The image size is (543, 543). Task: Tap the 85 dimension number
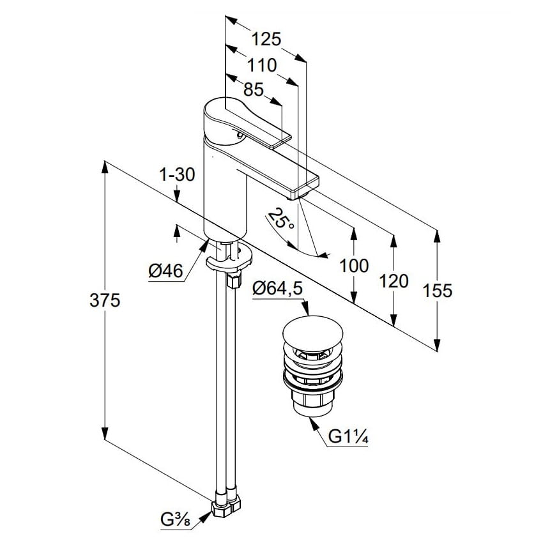click(x=253, y=90)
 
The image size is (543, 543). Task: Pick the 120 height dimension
click(x=394, y=280)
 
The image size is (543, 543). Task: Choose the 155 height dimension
click(x=438, y=291)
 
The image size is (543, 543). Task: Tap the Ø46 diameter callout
click(x=165, y=271)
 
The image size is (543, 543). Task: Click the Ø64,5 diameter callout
click(x=277, y=289)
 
